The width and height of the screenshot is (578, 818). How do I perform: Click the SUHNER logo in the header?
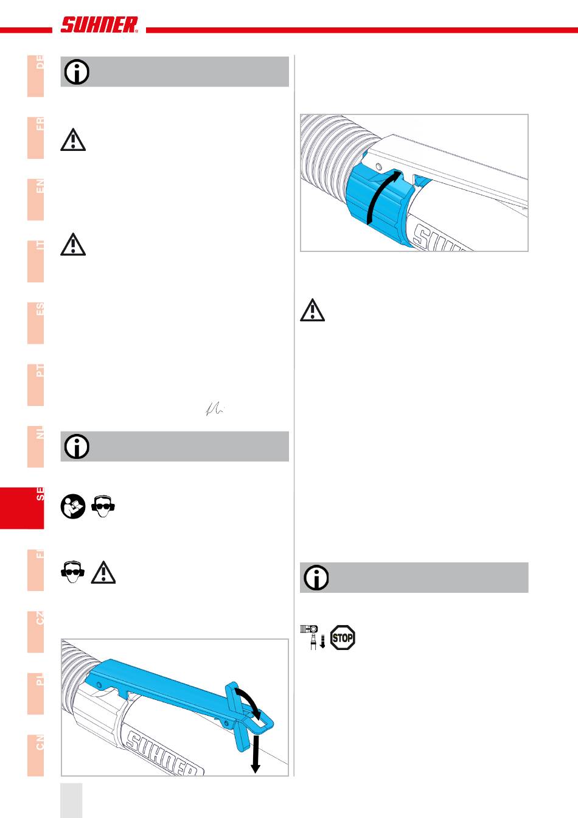coord(99,25)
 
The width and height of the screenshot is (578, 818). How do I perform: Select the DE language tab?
coord(36,76)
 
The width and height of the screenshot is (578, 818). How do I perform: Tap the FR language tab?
coord(36,138)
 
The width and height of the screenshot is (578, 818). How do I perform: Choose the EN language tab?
coord(36,200)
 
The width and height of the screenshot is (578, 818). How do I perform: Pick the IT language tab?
coord(36,261)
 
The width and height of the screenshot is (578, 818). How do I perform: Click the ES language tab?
coord(36,323)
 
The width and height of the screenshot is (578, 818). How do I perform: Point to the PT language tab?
coord(36,385)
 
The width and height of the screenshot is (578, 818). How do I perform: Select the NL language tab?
coord(36,446)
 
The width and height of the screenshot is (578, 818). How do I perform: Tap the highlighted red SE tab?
coord(23,508)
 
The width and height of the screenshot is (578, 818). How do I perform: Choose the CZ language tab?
coord(36,632)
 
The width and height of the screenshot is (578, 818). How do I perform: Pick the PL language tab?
coord(36,693)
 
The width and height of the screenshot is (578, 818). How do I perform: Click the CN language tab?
coord(36,755)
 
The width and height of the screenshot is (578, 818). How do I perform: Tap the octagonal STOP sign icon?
coord(343,638)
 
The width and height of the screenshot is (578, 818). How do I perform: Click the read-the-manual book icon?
coord(73,506)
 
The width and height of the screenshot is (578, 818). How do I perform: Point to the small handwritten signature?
coord(214,411)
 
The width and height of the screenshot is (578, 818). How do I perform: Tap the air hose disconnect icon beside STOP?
coord(313,637)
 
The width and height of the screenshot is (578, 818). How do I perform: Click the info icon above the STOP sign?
coord(316,578)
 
